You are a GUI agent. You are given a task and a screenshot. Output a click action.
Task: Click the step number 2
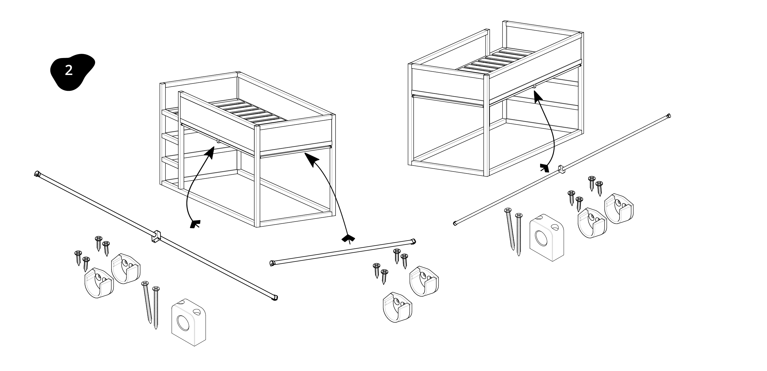click(69, 70)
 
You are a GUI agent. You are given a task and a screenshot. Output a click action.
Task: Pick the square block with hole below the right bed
click(547, 237)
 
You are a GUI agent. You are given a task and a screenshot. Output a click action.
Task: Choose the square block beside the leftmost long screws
click(188, 322)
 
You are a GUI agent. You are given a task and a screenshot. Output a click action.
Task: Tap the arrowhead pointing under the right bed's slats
click(536, 95)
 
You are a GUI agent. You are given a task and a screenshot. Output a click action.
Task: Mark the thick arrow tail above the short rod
click(348, 239)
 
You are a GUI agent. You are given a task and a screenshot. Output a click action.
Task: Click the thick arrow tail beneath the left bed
click(195, 224)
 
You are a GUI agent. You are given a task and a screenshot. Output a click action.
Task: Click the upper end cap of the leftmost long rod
click(37, 173)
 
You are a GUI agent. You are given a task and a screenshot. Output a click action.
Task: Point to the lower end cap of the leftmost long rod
click(275, 297)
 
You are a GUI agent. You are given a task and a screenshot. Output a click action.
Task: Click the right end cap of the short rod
click(413, 241)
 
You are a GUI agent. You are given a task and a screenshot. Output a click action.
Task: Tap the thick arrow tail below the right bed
click(545, 168)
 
